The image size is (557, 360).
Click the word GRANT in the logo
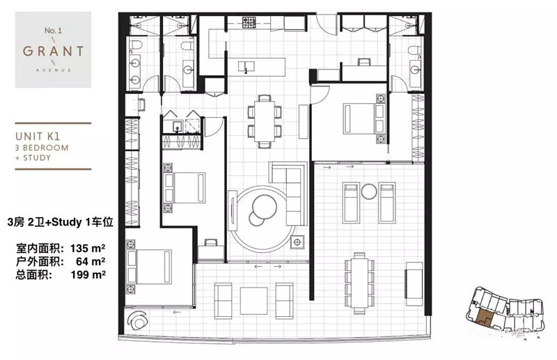54,51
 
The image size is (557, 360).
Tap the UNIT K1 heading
38,136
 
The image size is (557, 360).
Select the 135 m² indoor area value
88,248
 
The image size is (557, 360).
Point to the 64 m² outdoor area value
91,261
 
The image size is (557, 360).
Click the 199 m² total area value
88,274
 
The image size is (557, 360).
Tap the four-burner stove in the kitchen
249,22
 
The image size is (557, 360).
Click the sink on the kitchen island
246,66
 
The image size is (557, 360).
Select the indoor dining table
265,122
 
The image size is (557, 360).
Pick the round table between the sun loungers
369,192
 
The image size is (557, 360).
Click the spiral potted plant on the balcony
137,320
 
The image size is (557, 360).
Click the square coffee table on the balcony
253,301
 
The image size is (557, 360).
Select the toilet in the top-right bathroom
414,50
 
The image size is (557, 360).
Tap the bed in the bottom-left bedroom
149,267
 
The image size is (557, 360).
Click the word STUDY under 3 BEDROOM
37,157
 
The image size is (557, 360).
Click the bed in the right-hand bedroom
364,118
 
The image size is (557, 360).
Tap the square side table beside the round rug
297,242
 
